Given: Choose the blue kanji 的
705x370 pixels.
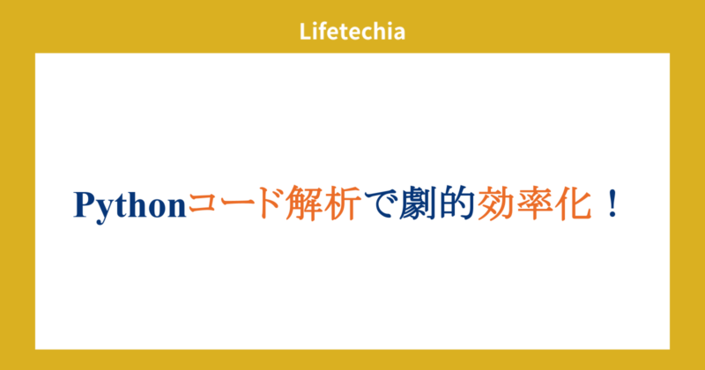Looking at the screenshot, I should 455,205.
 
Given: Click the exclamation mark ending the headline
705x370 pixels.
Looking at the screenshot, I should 611,205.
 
